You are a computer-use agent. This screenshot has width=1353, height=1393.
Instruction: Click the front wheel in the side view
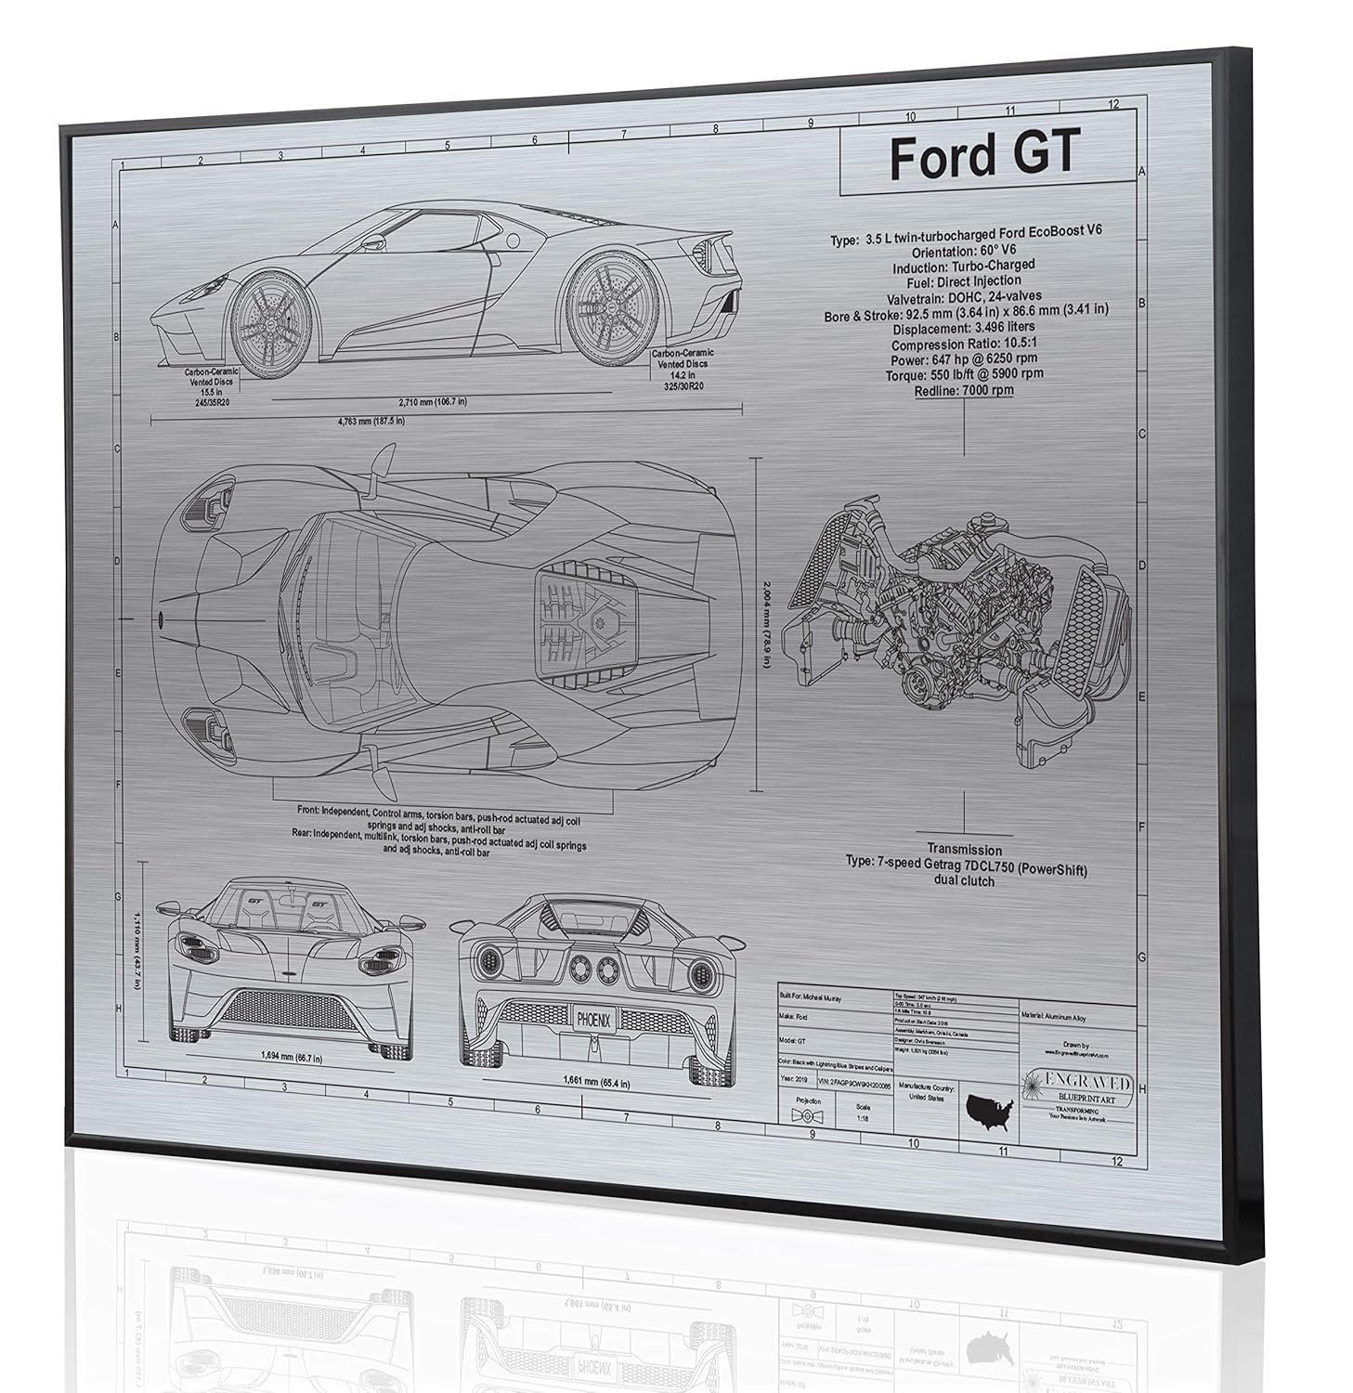270,316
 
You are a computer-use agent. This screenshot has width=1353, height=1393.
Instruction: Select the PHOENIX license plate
593,1020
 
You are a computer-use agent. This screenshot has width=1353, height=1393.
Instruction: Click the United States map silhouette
989,1107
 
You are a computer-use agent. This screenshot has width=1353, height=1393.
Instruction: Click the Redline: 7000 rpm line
963,390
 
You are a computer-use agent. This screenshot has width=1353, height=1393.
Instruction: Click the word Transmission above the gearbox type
964,850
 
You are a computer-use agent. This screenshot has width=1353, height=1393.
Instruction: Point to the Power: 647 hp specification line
964,358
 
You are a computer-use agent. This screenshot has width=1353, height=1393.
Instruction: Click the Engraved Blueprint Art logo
1077,1087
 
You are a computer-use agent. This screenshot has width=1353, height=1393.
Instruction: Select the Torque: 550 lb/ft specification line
964,374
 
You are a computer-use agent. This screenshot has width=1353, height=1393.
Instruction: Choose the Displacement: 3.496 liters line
964,328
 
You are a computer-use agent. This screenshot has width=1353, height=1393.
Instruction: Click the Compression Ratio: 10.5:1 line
964,344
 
